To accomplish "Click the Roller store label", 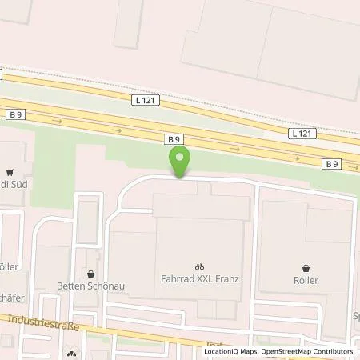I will coord(306,281).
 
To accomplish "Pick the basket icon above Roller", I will coord(306,267).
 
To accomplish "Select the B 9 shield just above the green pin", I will coord(174,138).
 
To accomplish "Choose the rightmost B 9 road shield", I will coord(332,163).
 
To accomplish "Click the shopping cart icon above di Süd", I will coord(9,171).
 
